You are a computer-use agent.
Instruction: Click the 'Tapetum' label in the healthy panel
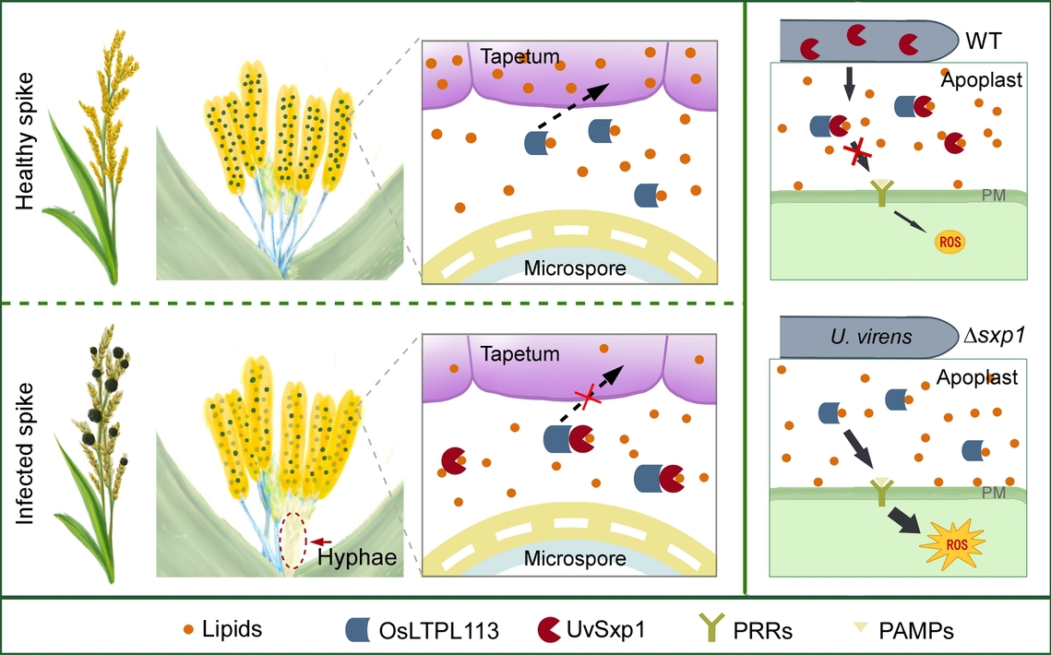520,57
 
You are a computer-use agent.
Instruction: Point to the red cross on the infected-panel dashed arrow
582,398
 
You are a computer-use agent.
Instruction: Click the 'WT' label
985,42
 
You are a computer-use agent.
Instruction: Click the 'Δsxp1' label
995,337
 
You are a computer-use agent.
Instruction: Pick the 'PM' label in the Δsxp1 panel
994,494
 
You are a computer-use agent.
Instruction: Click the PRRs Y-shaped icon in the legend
711,630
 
